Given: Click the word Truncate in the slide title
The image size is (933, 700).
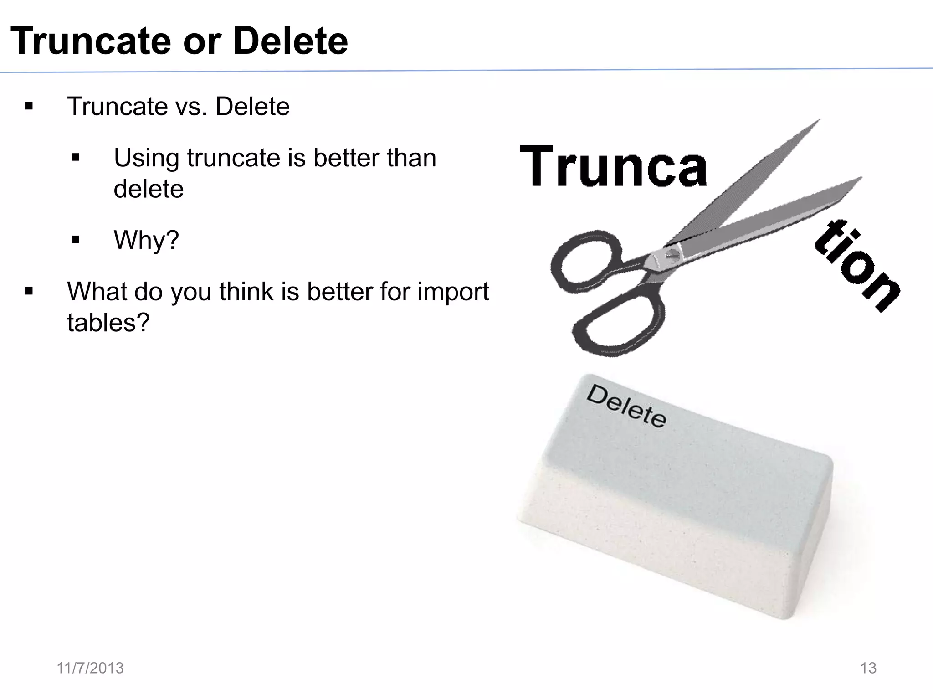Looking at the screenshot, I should click(x=91, y=41).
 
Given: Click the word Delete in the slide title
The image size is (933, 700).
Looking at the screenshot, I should click(x=290, y=41).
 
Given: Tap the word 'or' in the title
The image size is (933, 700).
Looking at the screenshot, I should click(x=202, y=42).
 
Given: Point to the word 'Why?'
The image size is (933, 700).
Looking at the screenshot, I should click(x=146, y=240).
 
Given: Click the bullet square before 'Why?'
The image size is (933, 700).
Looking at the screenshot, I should click(x=76, y=240).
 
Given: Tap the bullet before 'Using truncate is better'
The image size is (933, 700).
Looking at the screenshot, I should click(x=76, y=158).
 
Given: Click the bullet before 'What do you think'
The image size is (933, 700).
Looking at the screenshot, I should click(x=29, y=291).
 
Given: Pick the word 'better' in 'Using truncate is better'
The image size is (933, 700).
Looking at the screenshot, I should click(x=346, y=158).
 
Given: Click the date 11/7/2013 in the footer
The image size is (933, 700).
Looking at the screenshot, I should click(x=90, y=668).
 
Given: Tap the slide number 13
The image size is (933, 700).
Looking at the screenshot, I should click(x=868, y=668).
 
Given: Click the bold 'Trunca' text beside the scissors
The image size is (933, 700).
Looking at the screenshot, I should click(x=613, y=166).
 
